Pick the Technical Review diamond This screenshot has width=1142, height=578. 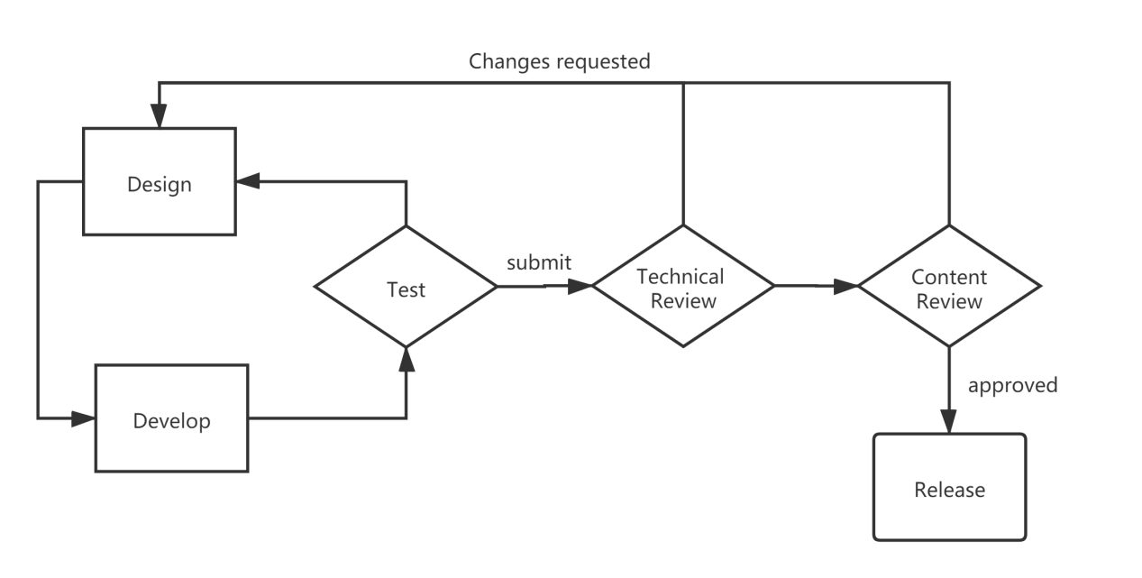pos(683,288)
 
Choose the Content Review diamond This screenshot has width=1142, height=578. pos(949,288)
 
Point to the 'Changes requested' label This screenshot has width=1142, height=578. pos(559,61)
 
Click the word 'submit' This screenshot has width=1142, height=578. pos(539,263)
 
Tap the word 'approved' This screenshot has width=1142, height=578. pos(1012,385)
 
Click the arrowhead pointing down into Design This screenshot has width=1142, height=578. pos(160,115)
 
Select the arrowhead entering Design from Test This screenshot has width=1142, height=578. pos(248,180)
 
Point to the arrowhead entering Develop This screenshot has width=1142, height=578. pos(84,417)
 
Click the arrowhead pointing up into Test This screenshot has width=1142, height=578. pos(407,359)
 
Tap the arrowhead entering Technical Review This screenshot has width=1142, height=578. pos(581,287)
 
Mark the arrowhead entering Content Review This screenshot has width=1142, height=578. pos(847,287)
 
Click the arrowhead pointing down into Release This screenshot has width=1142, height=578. pos(949,421)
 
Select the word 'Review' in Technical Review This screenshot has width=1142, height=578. pos(683,301)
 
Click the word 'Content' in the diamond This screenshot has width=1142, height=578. pos(949,277)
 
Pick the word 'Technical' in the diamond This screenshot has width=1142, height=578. pos(681,276)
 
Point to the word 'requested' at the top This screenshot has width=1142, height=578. pos(603,62)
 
